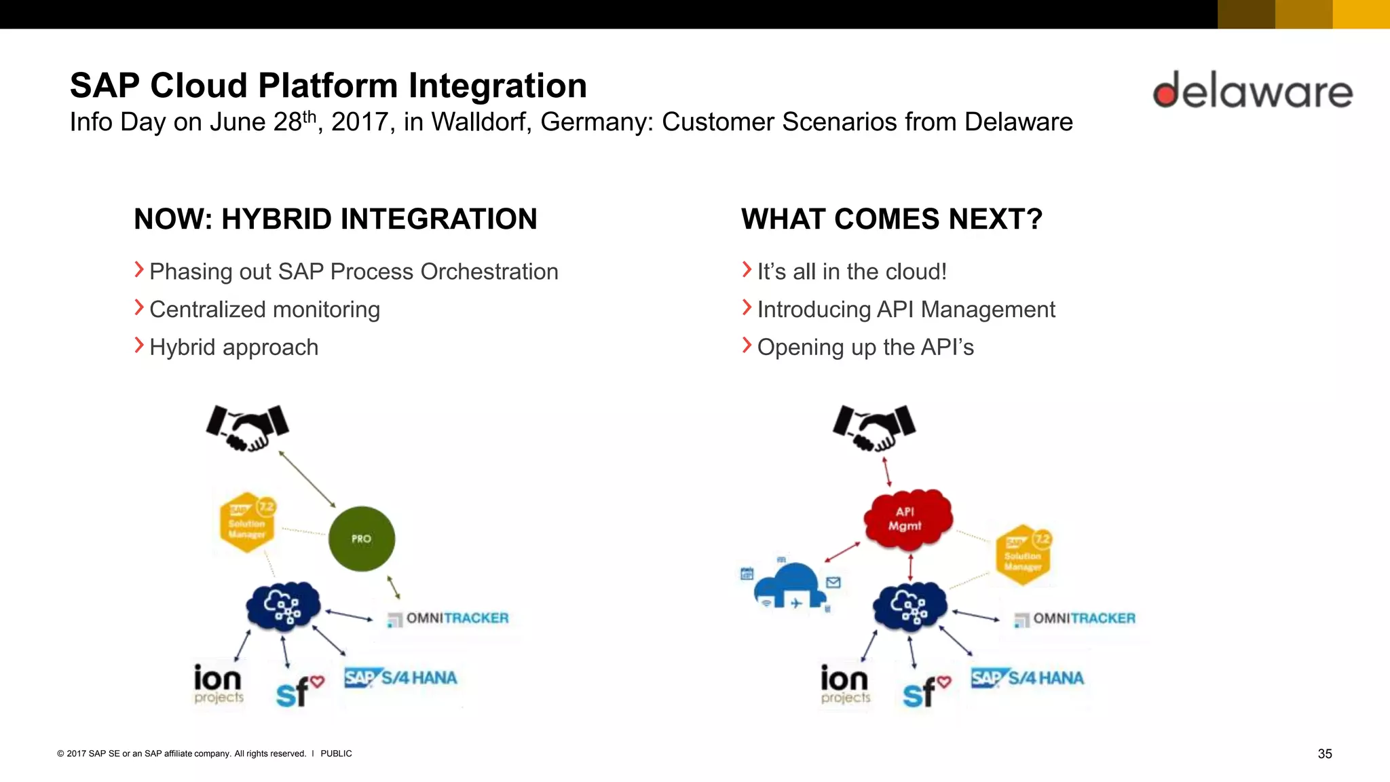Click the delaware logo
(x=1252, y=91)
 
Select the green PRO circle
(x=362, y=538)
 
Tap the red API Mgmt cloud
(x=907, y=519)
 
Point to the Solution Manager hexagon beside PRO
(x=248, y=522)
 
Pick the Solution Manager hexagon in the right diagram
(x=1023, y=555)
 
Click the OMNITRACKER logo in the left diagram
(x=449, y=618)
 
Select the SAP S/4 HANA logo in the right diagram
(x=1028, y=677)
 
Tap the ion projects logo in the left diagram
(x=218, y=684)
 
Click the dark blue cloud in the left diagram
(x=283, y=606)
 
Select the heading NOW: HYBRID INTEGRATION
(x=335, y=219)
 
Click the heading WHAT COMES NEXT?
(x=891, y=219)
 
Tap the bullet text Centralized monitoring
(x=264, y=310)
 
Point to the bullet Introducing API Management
(x=905, y=310)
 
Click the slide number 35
(x=1324, y=753)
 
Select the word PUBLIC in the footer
(x=336, y=753)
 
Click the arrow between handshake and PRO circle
(x=307, y=479)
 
